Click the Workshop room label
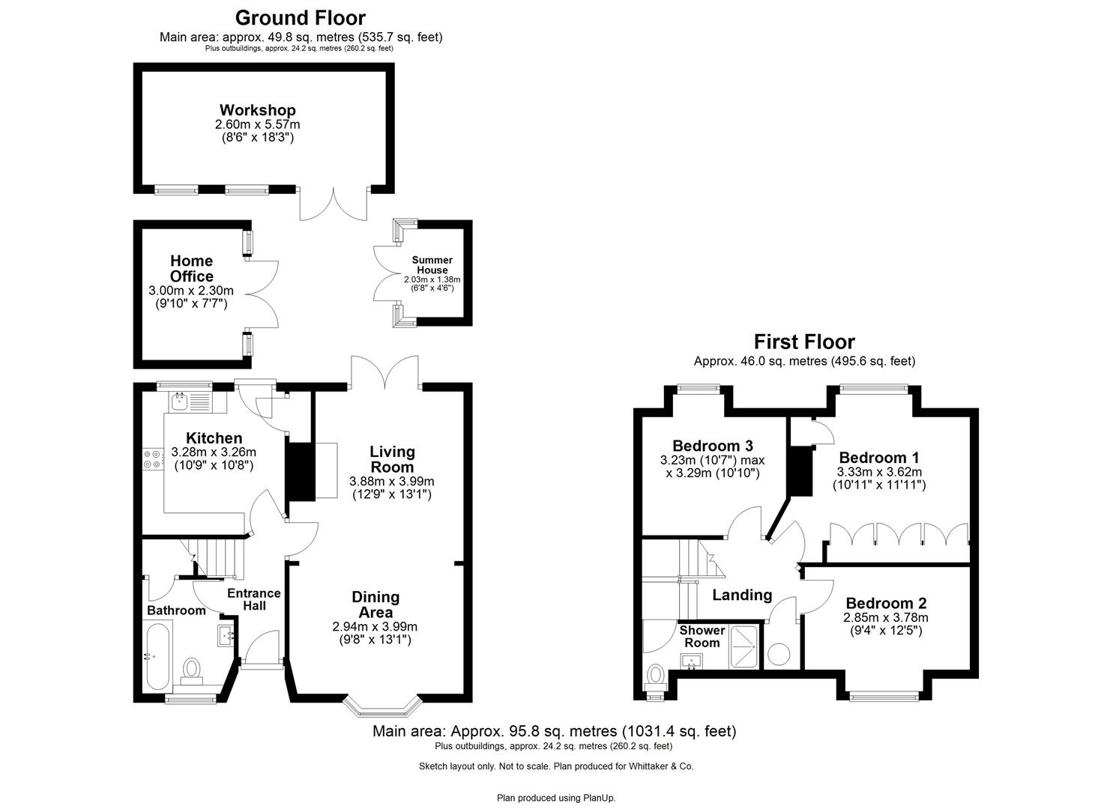click(x=257, y=110)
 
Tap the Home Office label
click(x=191, y=268)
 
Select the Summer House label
click(x=432, y=265)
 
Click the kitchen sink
click(x=180, y=402)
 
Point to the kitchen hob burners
click(x=152, y=458)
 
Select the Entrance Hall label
click(x=253, y=599)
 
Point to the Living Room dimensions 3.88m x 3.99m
click(x=391, y=481)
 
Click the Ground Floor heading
click(x=301, y=17)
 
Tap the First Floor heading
click(x=803, y=342)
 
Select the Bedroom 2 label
click(x=886, y=603)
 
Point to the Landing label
click(x=741, y=595)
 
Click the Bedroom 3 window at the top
click(x=698, y=388)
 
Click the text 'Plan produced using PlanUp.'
click(x=556, y=798)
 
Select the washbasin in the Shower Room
click(x=691, y=661)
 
